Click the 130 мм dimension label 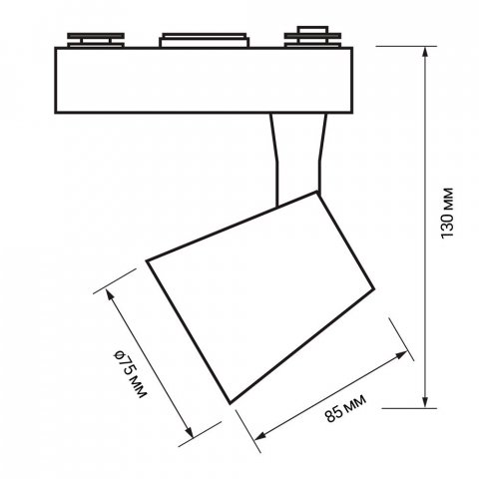(447, 213)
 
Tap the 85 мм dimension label (346, 408)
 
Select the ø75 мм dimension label (130, 374)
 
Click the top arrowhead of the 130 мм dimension (425, 53)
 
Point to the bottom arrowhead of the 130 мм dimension (425, 402)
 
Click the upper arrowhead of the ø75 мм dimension (109, 294)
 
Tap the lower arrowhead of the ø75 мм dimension (190, 432)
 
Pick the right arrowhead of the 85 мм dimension (401, 354)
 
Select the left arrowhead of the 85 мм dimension (260, 436)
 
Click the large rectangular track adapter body (204, 81)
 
